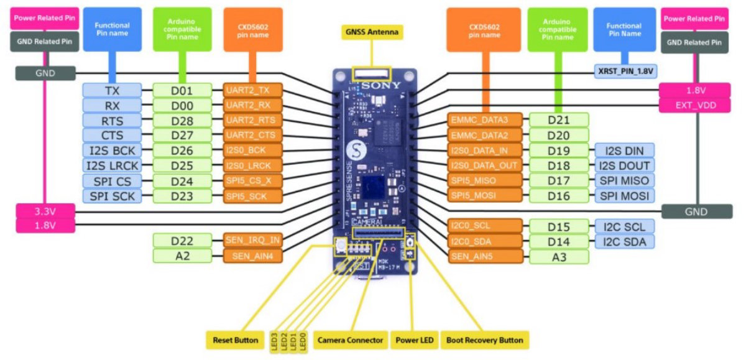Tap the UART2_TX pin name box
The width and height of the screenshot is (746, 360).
point(253,90)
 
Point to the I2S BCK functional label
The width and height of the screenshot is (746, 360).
point(112,150)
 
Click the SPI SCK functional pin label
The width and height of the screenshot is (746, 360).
point(112,196)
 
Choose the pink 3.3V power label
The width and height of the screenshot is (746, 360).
point(45,211)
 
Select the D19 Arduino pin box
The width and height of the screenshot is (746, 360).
point(558,150)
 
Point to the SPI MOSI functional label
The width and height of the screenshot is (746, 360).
point(624,196)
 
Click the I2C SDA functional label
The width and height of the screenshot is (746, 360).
point(624,241)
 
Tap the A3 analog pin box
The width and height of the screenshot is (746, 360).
point(558,256)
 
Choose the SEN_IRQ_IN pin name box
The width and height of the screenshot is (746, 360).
point(253,239)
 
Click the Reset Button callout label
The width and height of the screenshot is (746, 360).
point(235,340)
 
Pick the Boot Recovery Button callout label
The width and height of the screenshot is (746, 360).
point(484,340)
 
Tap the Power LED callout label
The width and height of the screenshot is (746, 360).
point(413,340)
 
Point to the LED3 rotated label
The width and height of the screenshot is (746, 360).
point(274,341)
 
